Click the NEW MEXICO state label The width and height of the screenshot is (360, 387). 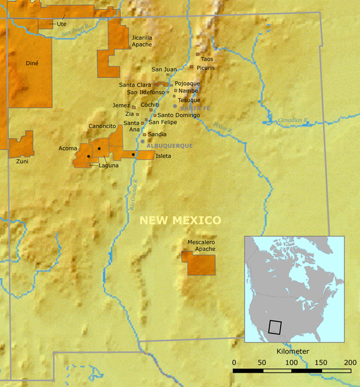[x=181, y=221]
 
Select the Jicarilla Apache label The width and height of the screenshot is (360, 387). [x=142, y=41]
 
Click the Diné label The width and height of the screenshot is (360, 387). [x=32, y=63]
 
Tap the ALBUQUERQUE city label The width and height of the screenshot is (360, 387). [x=170, y=146]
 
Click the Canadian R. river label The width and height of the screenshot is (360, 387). [x=294, y=121]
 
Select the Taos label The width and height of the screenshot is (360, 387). [x=207, y=59]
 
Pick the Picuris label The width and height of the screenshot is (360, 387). [x=206, y=67]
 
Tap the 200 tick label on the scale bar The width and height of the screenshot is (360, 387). [x=351, y=362]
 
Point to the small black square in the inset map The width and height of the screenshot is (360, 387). [x=275, y=327]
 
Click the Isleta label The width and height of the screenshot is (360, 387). [x=163, y=156]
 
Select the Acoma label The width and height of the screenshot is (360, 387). [x=68, y=148]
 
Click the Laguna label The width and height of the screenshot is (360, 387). [x=108, y=166]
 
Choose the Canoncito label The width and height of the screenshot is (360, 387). [x=102, y=126]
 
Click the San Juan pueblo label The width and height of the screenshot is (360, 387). [x=164, y=69]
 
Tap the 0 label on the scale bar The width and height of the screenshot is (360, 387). [x=234, y=362]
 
